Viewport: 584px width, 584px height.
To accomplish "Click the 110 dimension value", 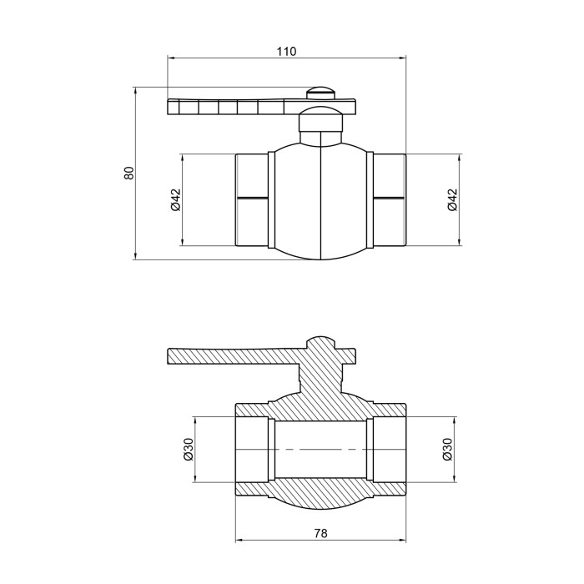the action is [286, 51].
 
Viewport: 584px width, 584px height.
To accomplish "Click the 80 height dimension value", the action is [128, 173].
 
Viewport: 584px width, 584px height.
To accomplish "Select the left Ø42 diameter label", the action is [175, 200].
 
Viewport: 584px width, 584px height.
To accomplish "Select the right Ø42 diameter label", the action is [452, 200].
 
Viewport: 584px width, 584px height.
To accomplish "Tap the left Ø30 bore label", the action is [189, 449].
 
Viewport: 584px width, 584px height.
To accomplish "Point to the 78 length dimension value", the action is [320, 533].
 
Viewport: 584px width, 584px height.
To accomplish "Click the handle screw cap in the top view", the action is [321, 93].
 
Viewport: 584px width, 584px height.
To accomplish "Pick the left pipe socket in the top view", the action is [252, 200].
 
